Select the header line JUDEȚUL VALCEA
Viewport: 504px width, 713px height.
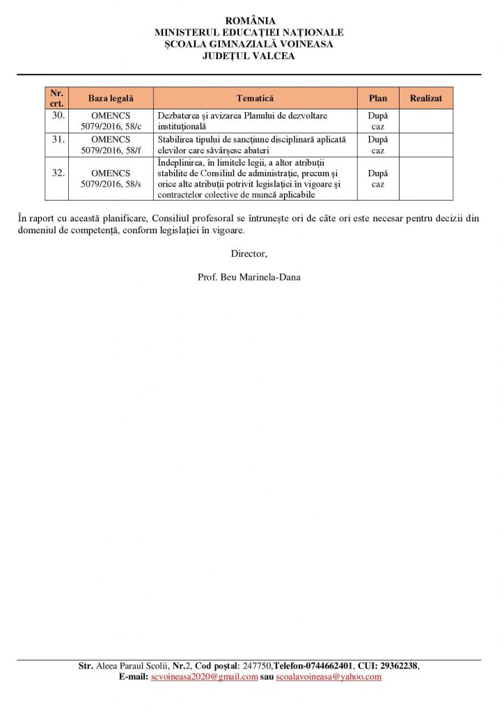[249, 56]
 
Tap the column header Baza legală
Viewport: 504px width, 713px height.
[111, 99]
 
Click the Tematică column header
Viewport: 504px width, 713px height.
[255, 99]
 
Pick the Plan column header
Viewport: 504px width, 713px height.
[378, 99]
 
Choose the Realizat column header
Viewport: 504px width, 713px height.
[425, 99]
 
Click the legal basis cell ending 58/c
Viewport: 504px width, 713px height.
[111, 121]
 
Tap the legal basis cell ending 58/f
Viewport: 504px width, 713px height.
[111, 144]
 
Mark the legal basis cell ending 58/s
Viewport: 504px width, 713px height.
[111, 179]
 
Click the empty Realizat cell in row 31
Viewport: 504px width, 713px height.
[425, 144]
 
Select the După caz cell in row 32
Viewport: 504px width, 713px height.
[378, 179]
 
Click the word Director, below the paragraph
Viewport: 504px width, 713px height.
[249, 253]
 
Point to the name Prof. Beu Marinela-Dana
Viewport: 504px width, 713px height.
[249, 277]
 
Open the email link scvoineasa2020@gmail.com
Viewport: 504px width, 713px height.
[205, 677]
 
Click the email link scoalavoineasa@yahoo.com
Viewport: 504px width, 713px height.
[329, 677]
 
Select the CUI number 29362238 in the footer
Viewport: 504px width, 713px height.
[397, 666]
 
